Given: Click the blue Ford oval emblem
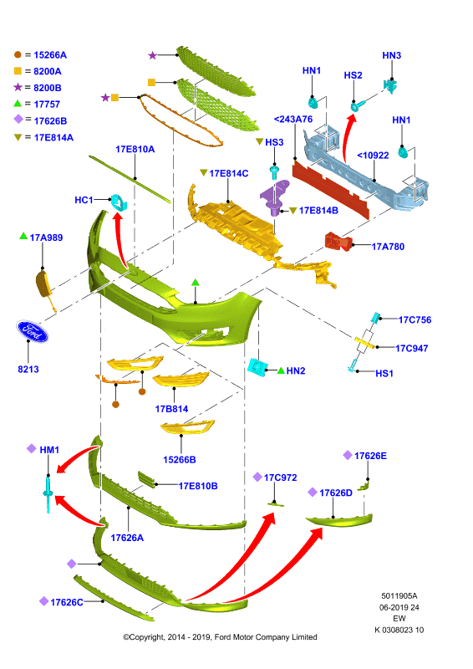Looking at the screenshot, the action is pyautogui.click(x=33, y=331).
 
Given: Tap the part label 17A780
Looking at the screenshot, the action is pyautogui.click(x=388, y=247).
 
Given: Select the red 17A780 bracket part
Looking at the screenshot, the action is pyautogui.click(x=338, y=242).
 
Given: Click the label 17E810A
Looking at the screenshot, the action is pyautogui.click(x=135, y=150).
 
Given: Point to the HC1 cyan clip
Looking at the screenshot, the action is pyautogui.click(x=119, y=202).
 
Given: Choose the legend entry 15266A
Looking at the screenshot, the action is pyautogui.click(x=50, y=55).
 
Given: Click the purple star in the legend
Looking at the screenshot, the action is pyautogui.click(x=18, y=87).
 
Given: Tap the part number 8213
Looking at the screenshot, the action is pyautogui.click(x=28, y=369).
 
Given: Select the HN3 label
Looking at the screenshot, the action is pyautogui.click(x=392, y=55).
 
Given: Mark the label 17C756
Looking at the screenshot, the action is pyautogui.click(x=415, y=320).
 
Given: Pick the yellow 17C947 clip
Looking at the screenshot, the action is pyautogui.click(x=365, y=342).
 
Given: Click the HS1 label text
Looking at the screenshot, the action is pyautogui.click(x=384, y=373).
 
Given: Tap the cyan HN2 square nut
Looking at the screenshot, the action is pyautogui.click(x=257, y=366).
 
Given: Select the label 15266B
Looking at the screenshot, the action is pyautogui.click(x=180, y=460).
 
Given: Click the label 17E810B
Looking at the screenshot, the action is pyautogui.click(x=198, y=486).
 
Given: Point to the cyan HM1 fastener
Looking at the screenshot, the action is pyautogui.click(x=48, y=494).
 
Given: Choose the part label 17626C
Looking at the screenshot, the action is pyautogui.click(x=67, y=602).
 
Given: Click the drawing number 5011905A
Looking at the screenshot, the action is pyautogui.click(x=399, y=595).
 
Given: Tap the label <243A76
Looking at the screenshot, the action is pyautogui.click(x=293, y=119).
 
